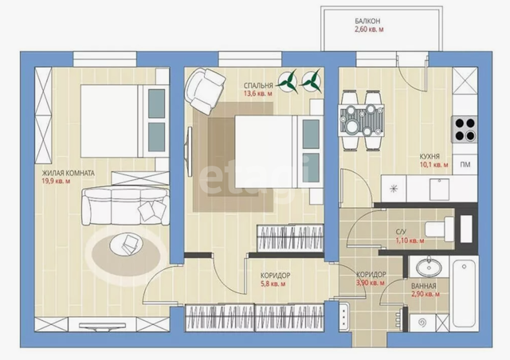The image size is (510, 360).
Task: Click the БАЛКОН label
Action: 367,22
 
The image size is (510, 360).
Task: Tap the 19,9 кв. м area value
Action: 56,181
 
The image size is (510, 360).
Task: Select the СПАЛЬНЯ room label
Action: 258,86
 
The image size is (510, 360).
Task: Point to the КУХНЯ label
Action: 430,156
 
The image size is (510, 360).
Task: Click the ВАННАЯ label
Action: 423,286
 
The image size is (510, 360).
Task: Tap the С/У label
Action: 401,232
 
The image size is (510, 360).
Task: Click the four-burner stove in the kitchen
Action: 465,129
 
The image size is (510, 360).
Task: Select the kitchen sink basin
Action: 439,189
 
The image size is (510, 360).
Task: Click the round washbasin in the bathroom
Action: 429,268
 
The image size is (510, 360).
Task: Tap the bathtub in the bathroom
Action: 465,291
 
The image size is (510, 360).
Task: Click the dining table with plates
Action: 361,120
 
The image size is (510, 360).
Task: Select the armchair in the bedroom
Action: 205,90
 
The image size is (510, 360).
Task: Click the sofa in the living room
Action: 126,206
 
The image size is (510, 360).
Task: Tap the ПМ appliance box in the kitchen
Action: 465,165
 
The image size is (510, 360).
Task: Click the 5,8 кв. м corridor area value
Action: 273,284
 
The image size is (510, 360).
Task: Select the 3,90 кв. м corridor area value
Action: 371,283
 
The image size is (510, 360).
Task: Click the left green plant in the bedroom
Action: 288,81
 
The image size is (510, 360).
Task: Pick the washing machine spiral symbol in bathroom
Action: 422,323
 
